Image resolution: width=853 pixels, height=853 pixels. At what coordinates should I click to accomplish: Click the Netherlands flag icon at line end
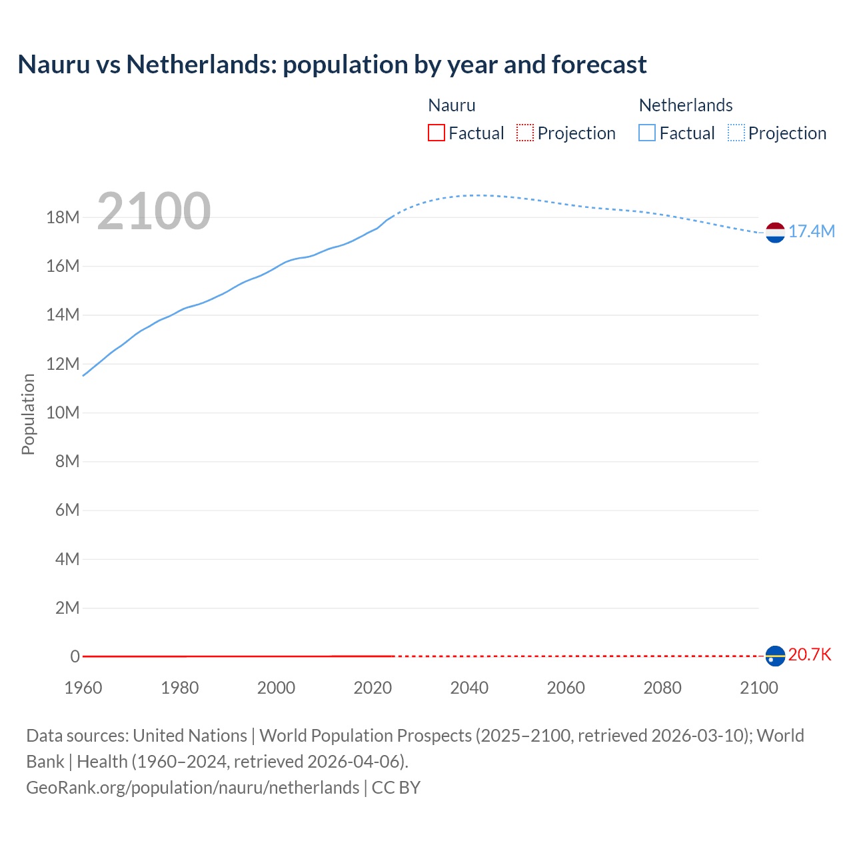tap(775, 232)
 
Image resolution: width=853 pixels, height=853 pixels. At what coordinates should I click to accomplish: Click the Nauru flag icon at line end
tap(775, 656)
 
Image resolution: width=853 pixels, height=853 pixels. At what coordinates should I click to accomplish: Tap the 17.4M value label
tap(811, 231)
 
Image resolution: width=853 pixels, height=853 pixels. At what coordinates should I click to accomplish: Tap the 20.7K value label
tap(810, 654)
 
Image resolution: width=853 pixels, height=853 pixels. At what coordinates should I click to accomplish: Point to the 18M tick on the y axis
tap(63, 217)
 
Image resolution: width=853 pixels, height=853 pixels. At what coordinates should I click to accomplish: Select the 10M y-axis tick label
tap(63, 413)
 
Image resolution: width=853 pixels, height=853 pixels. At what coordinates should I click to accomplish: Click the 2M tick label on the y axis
tap(67, 608)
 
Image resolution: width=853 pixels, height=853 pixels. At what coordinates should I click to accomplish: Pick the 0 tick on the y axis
tap(75, 656)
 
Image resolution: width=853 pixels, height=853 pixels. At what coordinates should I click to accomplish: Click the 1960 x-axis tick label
tap(83, 688)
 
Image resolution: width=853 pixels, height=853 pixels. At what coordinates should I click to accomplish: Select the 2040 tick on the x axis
tap(469, 688)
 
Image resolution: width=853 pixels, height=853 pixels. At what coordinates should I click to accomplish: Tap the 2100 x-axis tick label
tap(758, 688)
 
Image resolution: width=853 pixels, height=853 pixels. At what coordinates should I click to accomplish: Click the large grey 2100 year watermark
tap(154, 211)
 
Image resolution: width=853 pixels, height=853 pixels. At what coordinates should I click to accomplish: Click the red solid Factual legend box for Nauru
tap(436, 133)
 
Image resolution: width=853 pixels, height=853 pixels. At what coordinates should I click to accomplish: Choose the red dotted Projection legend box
tap(525, 133)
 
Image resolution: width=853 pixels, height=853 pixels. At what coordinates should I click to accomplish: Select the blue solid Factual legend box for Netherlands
tap(647, 133)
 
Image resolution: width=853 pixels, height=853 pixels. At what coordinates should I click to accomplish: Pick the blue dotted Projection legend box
tap(736, 133)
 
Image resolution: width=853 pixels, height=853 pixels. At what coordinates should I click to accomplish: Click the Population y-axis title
tap(28, 414)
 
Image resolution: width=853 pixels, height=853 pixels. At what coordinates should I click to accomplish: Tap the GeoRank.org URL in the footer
tap(193, 788)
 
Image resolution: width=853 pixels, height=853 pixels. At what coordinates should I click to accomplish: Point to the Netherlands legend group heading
tap(685, 105)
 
